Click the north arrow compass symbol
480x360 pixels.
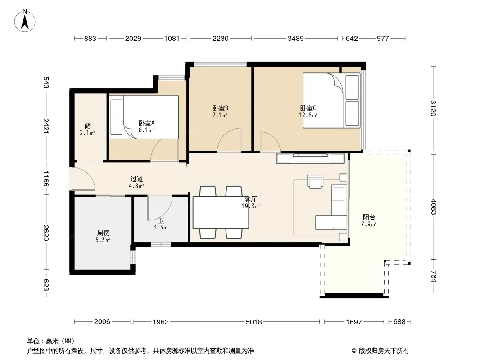tap(25, 21)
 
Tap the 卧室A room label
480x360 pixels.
tap(146, 126)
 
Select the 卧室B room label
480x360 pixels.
tap(220, 112)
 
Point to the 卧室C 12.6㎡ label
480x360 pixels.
tap(308, 112)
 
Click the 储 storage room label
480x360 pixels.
tap(87, 129)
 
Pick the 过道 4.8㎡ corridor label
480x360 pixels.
tap(136, 182)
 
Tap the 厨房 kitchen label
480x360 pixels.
tap(103, 236)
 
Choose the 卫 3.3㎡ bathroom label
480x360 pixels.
tap(161, 224)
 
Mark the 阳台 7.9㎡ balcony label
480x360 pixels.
tap(369, 220)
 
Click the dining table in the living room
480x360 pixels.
tap(221, 213)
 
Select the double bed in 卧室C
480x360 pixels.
tap(331, 100)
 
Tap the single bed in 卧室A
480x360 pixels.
tap(144, 117)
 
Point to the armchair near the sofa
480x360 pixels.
tap(315, 181)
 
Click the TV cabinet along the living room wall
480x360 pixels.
tap(310, 158)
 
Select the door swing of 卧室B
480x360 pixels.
tap(229, 140)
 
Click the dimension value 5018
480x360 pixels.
tap(254, 322)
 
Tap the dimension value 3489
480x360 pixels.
tap(296, 39)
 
